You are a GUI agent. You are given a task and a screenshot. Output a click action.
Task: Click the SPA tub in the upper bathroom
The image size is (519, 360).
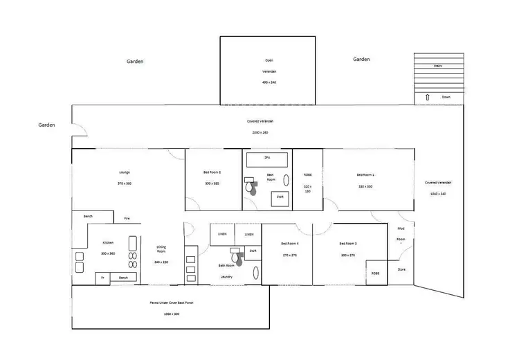click(x=266, y=158)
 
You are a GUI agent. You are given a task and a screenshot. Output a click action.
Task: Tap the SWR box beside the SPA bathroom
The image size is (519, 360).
click(x=280, y=197)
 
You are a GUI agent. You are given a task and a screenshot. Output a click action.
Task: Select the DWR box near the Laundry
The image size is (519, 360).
click(x=253, y=251)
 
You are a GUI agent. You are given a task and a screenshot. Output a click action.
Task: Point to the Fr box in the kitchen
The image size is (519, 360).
click(x=102, y=278)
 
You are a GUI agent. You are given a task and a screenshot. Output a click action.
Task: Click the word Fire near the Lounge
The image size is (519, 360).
click(x=127, y=219)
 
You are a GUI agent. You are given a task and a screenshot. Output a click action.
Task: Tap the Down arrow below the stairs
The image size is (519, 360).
click(x=428, y=97)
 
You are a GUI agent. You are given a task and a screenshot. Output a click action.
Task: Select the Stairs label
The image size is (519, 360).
click(x=438, y=66)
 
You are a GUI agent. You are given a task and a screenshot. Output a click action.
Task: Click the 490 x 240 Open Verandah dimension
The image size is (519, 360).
click(x=268, y=82)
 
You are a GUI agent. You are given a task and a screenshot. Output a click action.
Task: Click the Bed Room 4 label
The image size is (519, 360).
click(x=289, y=244)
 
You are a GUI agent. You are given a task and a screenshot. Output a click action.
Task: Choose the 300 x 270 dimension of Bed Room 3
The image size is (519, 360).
click(x=347, y=255)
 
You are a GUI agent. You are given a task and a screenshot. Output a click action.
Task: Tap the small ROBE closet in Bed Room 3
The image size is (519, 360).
click(x=376, y=273)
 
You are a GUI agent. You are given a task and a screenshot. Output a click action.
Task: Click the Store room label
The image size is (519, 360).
click(x=401, y=269)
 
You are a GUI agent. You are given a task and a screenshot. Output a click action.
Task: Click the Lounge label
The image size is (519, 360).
click(x=124, y=172)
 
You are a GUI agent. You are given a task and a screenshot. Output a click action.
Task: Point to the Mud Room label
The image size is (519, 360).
click(x=401, y=233)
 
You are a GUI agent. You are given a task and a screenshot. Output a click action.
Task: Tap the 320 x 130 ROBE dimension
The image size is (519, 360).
click(x=308, y=188)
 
